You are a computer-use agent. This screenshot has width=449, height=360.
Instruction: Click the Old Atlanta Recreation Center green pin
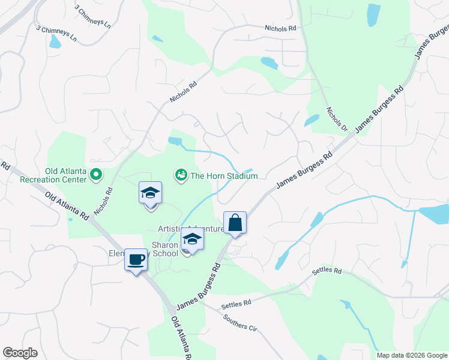[96, 175]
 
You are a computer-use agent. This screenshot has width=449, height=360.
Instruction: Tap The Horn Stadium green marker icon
[180, 175]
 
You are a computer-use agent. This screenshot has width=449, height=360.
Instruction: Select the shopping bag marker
[235, 223]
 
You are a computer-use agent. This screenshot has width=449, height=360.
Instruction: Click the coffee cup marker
[136, 260]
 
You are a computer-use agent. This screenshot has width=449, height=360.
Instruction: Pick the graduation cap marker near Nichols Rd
[150, 194]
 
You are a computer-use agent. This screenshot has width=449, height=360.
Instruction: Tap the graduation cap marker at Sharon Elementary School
[192, 239]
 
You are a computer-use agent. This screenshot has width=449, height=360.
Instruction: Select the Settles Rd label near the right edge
[326, 272]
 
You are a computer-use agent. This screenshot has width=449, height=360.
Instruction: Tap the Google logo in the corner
[20, 353]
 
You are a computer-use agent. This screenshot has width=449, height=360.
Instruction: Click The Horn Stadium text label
[224, 176]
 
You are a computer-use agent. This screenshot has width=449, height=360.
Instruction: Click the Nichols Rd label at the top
[280, 28]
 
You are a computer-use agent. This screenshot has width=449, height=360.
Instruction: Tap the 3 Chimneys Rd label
[94, 17]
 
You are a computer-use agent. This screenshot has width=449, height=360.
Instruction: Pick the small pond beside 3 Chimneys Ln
[55, 41]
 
